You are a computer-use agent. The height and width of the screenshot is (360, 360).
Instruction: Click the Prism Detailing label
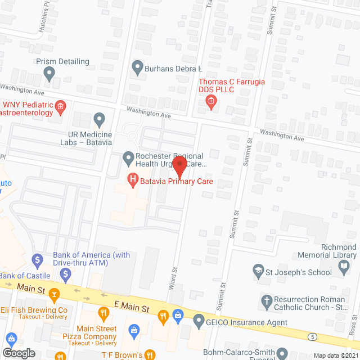pos(62,61)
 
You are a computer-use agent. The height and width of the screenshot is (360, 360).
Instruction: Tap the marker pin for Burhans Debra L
pos(137,69)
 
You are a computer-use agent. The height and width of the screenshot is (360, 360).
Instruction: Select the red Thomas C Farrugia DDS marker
pos(211,101)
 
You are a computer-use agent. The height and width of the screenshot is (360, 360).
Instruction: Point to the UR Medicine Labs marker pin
pos(100,119)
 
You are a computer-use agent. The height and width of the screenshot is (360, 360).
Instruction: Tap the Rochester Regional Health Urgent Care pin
pos(129,160)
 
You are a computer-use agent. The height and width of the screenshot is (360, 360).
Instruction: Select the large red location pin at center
pos(179,166)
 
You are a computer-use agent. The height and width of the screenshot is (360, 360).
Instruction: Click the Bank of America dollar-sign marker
pos(38,259)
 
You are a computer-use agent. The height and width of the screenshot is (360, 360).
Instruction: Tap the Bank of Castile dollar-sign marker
pos(66,275)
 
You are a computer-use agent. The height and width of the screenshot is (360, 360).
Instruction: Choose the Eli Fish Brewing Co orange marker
pos(55,294)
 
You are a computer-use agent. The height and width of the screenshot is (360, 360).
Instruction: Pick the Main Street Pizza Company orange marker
pos(103,313)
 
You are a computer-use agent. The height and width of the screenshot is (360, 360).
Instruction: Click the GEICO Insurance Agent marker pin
pos(198,322)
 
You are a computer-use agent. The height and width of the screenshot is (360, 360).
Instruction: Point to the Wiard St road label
pos(173,279)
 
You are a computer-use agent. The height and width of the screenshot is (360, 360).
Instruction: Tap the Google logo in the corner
pos(19,353)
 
